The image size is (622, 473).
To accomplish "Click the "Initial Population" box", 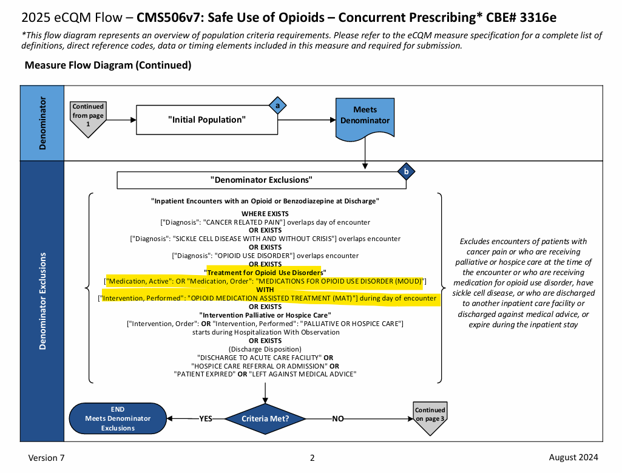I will pos(206,120).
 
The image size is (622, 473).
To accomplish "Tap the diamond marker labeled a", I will pos(278,106).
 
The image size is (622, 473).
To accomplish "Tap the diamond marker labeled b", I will pos(406,172).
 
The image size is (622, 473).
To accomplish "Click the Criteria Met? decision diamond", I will pos(265,418).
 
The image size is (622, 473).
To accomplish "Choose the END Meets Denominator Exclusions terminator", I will pos(118,418).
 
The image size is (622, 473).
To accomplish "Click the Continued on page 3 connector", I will pos(430,417).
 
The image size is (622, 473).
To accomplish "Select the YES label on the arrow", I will pos(206,418).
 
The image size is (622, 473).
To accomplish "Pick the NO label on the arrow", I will pos(338,418).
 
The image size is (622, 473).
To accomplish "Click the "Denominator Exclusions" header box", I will pos(261,180).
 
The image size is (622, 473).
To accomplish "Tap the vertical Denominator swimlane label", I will pos(42,123).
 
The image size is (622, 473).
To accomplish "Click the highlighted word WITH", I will pos(265,290).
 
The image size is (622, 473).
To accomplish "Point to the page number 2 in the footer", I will pos(313,458).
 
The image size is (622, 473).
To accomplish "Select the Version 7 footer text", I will pos(46,458).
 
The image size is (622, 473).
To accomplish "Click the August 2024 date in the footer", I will pos(573,457).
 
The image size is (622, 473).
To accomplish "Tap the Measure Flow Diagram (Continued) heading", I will pos(107,65).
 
